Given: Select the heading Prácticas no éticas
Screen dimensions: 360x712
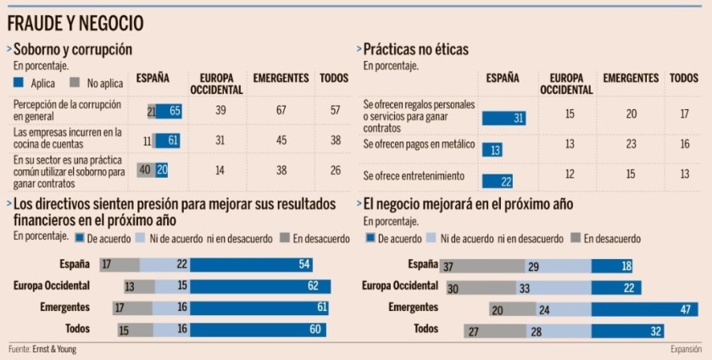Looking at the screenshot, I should pyautogui.click(x=415, y=50).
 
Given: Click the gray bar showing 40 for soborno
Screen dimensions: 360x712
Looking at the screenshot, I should pyautogui.click(x=146, y=169).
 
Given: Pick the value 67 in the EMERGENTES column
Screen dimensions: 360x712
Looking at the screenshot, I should pyautogui.click(x=279, y=110).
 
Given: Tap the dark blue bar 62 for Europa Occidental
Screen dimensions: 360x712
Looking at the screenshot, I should pyautogui.click(x=260, y=286).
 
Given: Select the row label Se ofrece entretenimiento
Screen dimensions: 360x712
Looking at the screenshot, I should pyautogui.click(x=412, y=175).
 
